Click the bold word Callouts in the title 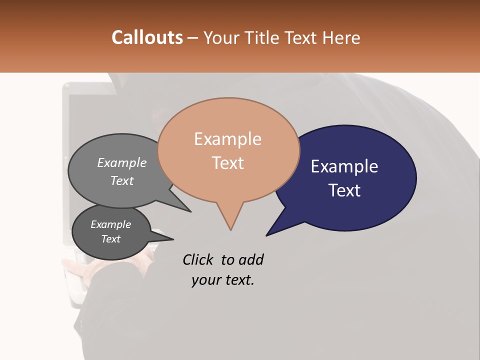[147, 37]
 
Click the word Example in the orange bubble [227, 139]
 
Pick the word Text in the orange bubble [227, 163]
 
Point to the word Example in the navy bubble [344, 166]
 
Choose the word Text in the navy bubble [344, 190]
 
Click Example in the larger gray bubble [122, 163]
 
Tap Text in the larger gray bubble [122, 181]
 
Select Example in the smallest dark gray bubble [110, 224]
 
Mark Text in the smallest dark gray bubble [110, 239]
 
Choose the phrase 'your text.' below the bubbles [223, 280]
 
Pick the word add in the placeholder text [250, 260]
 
